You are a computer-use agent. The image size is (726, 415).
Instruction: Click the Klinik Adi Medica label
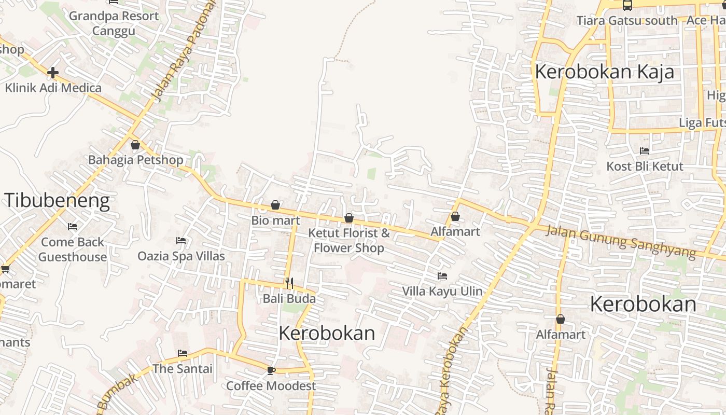click(x=53, y=88)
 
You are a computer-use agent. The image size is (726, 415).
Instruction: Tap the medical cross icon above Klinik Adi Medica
click(x=52, y=73)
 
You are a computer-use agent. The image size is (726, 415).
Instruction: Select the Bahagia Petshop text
click(x=135, y=160)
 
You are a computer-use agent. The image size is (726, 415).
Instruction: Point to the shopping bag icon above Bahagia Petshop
click(x=135, y=145)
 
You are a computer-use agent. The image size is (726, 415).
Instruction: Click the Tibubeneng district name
click(x=58, y=201)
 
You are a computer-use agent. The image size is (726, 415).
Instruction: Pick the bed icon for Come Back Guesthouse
click(x=73, y=227)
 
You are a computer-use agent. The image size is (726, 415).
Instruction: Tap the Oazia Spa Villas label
click(x=181, y=256)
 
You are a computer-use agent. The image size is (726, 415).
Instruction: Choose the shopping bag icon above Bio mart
click(x=275, y=205)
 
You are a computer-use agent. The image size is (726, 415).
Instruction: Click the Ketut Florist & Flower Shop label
click(x=349, y=240)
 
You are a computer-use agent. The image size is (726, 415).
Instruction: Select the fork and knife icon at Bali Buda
click(x=289, y=283)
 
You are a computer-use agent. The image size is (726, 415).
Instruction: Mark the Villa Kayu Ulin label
click(x=442, y=291)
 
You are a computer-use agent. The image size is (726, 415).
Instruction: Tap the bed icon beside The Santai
click(x=183, y=353)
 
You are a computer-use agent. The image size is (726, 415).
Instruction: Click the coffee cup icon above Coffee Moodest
click(x=271, y=370)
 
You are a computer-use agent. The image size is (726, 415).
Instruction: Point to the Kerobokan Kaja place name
click(x=604, y=72)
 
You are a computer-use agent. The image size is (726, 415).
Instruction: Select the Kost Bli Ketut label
click(x=645, y=167)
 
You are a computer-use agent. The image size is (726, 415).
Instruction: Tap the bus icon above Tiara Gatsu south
click(x=627, y=6)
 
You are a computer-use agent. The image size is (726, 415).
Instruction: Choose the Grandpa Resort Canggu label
click(x=114, y=23)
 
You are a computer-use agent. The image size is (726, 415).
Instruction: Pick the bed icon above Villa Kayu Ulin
click(x=442, y=276)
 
